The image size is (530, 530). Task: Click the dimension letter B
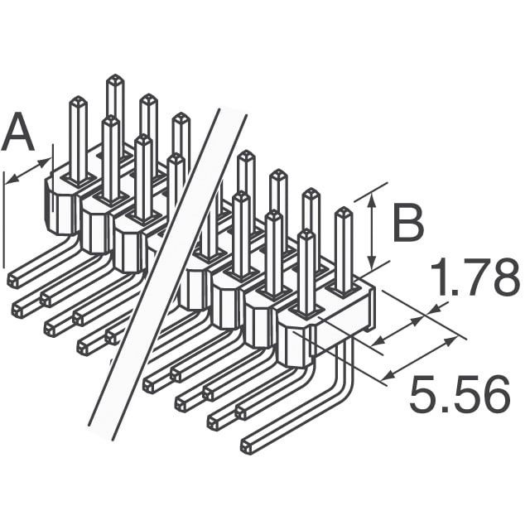tap(407, 224)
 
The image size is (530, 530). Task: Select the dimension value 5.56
tap(459, 396)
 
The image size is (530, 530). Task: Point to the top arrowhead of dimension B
tap(372, 194)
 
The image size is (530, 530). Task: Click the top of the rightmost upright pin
tap(343, 213)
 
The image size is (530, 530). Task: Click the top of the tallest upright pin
tap(114, 79)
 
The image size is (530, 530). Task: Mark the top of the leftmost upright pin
tap(77, 102)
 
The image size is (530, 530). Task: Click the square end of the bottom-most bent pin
tap(246, 447)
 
